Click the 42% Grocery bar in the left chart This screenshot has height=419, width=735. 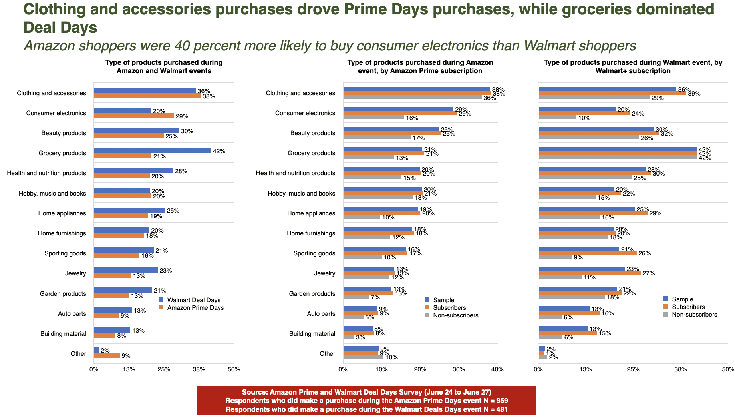click(x=152, y=151)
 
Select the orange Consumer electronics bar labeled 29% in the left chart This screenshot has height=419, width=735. click(x=134, y=116)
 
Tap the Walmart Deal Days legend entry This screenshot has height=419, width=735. click(x=193, y=300)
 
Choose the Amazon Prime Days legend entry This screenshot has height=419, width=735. click(x=195, y=307)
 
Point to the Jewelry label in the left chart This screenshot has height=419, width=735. click(x=75, y=273)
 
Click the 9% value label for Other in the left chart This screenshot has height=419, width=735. click(x=126, y=356)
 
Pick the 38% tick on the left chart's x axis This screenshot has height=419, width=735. click(x=199, y=369)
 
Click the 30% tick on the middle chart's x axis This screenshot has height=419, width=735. click(x=459, y=369)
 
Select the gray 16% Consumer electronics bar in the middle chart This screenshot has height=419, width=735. click(x=373, y=118)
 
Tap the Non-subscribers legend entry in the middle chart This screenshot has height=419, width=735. click(x=455, y=315)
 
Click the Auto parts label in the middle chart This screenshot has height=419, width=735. click(x=321, y=314)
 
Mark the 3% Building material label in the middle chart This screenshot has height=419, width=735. click(x=360, y=337)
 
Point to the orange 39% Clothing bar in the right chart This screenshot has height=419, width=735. click(x=612, y=94)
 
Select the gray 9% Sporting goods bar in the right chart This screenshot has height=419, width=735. click(x=555, y=257)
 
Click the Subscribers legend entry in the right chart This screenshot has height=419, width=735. click(x=688, y=307)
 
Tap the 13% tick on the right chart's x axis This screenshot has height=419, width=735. click(x=586, y=369)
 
